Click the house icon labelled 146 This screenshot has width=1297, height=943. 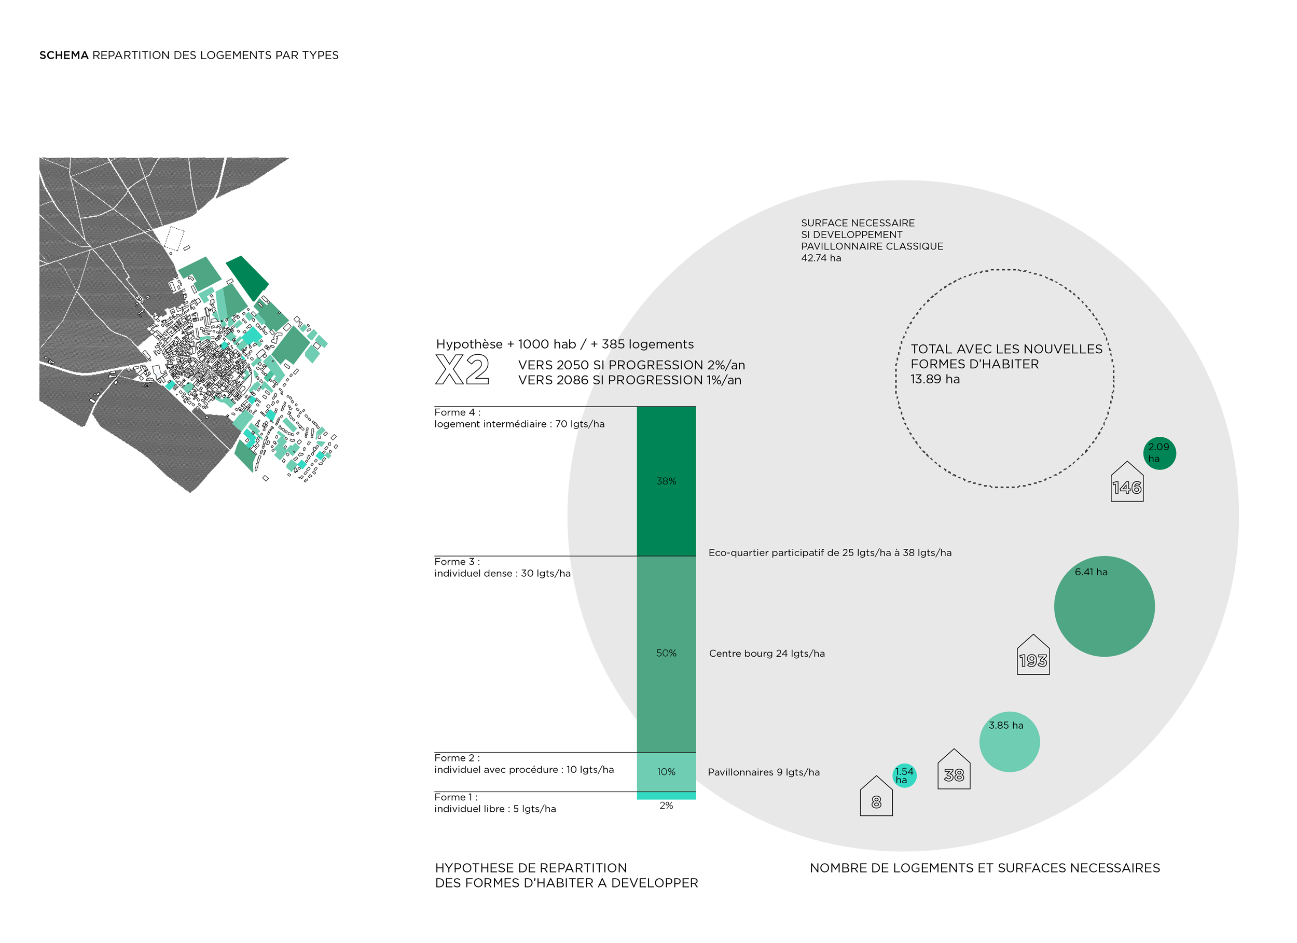tap(1127, 483)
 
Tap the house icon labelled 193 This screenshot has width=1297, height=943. tap(1033, 656)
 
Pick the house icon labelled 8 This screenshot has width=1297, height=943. tap(876, 797)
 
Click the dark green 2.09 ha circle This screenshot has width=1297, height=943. tap(1159, 453)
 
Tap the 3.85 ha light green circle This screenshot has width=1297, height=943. tap(1010, 742)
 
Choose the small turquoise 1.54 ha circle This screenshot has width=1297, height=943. tap(904, 775)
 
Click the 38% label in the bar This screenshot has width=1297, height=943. tap(666, 481)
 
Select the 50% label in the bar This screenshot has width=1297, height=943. tap(666, 653)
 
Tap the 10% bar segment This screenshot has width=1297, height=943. tap(666, 771)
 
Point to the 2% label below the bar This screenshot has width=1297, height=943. tap(666, 805)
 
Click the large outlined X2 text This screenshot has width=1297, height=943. tap(462, 369)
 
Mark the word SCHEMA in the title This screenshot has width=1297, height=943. tap(63, 56)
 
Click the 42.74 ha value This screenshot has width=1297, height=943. tap(821, 258)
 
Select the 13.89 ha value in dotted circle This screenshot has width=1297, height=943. tap(935, 379)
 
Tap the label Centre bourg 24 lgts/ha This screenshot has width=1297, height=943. tap(767, 653)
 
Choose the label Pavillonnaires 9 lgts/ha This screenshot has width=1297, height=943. tap(764, 772)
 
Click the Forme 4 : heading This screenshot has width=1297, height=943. tap(457, 412)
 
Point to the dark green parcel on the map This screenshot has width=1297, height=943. tap(247, 278)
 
